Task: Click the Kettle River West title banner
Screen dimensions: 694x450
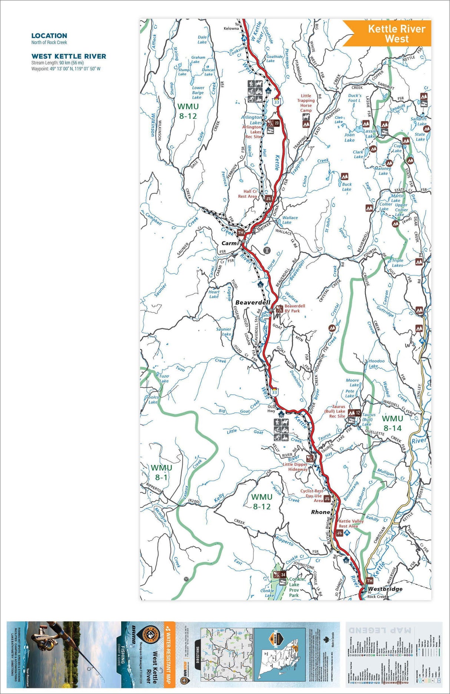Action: pyautogui.click(x=396, y=34)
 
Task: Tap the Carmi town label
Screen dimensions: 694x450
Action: pyautogui.click(x=230, y=243)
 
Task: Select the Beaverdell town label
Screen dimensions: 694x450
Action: pyautogui.click(x=253, y=302)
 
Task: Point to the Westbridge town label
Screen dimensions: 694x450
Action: pyautogui.click(x=385, y=589)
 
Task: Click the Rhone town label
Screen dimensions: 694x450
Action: pyautogui.click(x=321, y=512)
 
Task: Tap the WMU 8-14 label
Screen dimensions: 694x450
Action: pyautogui.click(x=392, y=423)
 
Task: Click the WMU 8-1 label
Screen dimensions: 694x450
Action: pyautogui.click(x=161, y=473)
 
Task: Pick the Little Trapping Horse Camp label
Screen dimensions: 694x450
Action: pyautogui.click(x=306, y=103)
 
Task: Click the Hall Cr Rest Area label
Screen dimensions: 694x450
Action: pyautogui.click(x=248, y=194)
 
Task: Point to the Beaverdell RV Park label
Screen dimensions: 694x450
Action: pyautogui.click(x=295, y=308)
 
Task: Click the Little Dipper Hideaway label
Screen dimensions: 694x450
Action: pyautogui.click(x=295, y=467)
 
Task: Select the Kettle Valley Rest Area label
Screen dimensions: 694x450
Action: pyautogui.click(x=351, y=523)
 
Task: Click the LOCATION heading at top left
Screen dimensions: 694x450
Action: pyautogui.click(x=49, y=36)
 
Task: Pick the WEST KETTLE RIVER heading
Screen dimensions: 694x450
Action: pyautogui.click(x=69, y=56)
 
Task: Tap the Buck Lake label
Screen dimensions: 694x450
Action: pyautogui.click(x=347, y=187)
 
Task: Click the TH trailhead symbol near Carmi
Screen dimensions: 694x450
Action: pyautogui.click(x=241, y=233)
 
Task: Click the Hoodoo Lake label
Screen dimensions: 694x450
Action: pyautogui.click(x=376, y=363)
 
